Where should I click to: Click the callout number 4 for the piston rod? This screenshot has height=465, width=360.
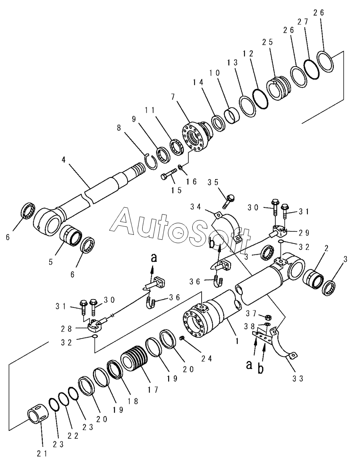coord(64,160)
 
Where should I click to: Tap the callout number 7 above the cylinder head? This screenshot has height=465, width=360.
coord(173,97)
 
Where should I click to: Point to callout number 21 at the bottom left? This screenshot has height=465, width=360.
coord(42,454)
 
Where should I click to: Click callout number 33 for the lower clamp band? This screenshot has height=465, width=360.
coord(297,379)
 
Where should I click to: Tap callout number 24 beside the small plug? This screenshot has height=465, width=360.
coord(206,358)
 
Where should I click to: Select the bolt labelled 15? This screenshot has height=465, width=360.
coord(169,175)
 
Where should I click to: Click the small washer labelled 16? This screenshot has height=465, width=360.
coord(180,167)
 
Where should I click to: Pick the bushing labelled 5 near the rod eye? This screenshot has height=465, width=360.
coord(71,235)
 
